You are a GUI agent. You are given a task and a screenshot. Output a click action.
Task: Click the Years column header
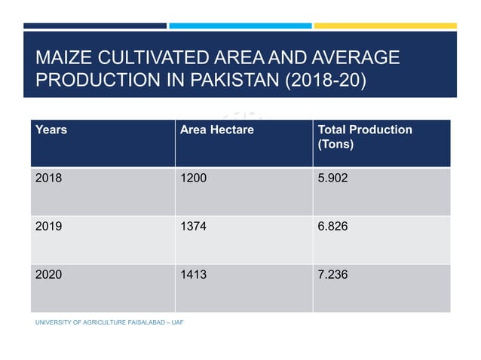51,130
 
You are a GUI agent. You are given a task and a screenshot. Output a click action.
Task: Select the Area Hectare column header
217,130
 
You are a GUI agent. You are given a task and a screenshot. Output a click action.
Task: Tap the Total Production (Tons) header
366,136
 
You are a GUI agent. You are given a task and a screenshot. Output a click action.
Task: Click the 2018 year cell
49,178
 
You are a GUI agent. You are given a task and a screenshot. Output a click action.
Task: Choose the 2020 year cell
49,275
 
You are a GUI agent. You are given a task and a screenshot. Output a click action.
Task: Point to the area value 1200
193,178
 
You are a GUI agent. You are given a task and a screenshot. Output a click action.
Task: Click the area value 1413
193,275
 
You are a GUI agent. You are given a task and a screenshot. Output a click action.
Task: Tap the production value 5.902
334,178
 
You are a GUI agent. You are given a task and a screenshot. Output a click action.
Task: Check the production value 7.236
334,275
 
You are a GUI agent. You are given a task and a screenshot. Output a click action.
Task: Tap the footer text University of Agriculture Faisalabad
109,322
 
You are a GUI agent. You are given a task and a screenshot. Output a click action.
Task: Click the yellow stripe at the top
384,26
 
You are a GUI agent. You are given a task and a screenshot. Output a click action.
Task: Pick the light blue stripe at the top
240,26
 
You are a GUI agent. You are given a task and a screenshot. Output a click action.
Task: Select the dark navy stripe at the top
95,26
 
